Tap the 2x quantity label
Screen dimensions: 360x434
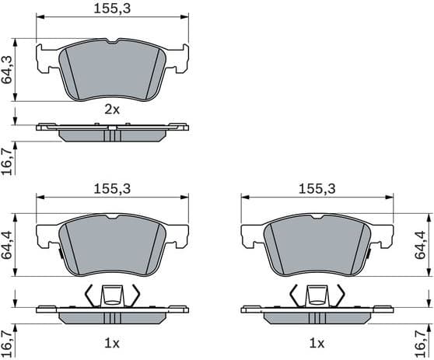click(x=113, y=110)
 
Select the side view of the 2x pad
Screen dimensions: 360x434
click(x=113, y=133)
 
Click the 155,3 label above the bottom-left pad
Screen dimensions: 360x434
click(x=113, y=189)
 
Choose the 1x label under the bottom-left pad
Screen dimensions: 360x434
click(x=113, y=343)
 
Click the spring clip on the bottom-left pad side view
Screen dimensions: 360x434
click(x=113, y=295)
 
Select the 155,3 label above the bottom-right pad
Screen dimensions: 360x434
click(x=317, y=189)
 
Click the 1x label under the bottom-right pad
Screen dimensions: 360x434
click(x=317, y=343)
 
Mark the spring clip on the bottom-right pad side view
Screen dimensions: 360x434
click(x=317, y=295)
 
